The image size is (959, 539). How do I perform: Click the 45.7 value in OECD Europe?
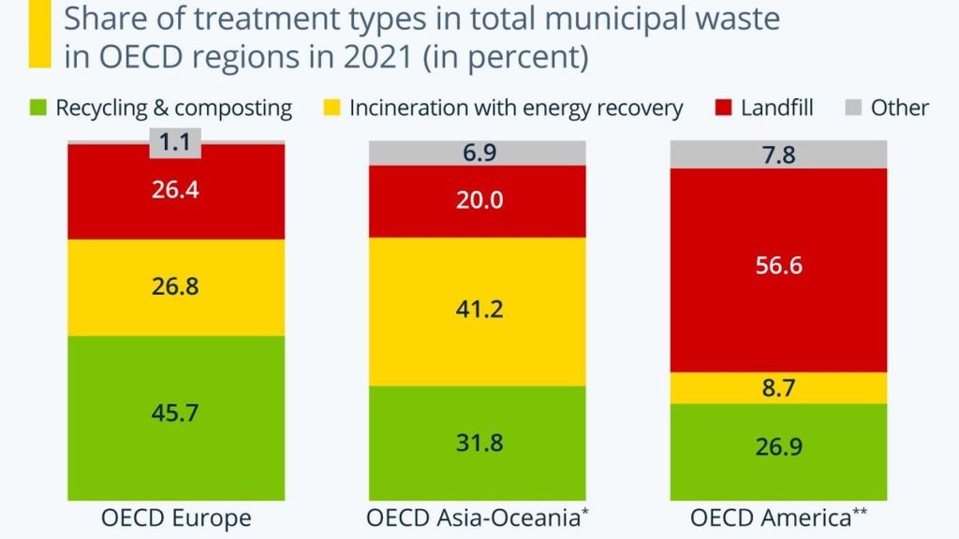pyautogui.click(x=176, y=413)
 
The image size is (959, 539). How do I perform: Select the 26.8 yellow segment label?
pyautogui.click(x=176, y=285)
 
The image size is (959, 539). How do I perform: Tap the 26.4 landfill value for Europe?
pyautogui.click(x=176, y=190)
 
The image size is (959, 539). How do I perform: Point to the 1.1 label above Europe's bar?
pyautogui.click(x=176, y=143)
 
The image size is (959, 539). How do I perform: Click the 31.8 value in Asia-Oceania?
pyautogui.click(x=478, y=442)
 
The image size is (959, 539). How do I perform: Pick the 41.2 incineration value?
pyautogui.click(x=478, y=309)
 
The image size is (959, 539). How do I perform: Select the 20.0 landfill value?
pyautogui.click(x=478, y=200)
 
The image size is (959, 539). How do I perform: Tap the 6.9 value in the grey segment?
pyautogui.click(x=478, y=153)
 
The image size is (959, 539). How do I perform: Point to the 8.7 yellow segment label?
pyautogui.click(x=778, y=387)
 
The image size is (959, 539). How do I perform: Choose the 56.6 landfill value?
pyautogui.click(x=778, y=266)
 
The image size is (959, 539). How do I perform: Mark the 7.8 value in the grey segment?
pyautogui.click(x=778, y=154)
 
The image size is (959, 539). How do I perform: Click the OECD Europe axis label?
pyautogui.click(x=176, y=517)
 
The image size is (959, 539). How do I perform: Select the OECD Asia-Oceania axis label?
pyautogui.click(x=478, y=517)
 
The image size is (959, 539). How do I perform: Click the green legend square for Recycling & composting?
pyautogui.click(x=37, y=108)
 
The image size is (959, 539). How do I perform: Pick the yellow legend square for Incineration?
pyautogui.click(x=332, y=108)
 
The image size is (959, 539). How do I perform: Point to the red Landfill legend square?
pyautogui.click(x=722, y=108)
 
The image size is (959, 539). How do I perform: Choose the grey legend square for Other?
pyautogui.click(x=852, y=108)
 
